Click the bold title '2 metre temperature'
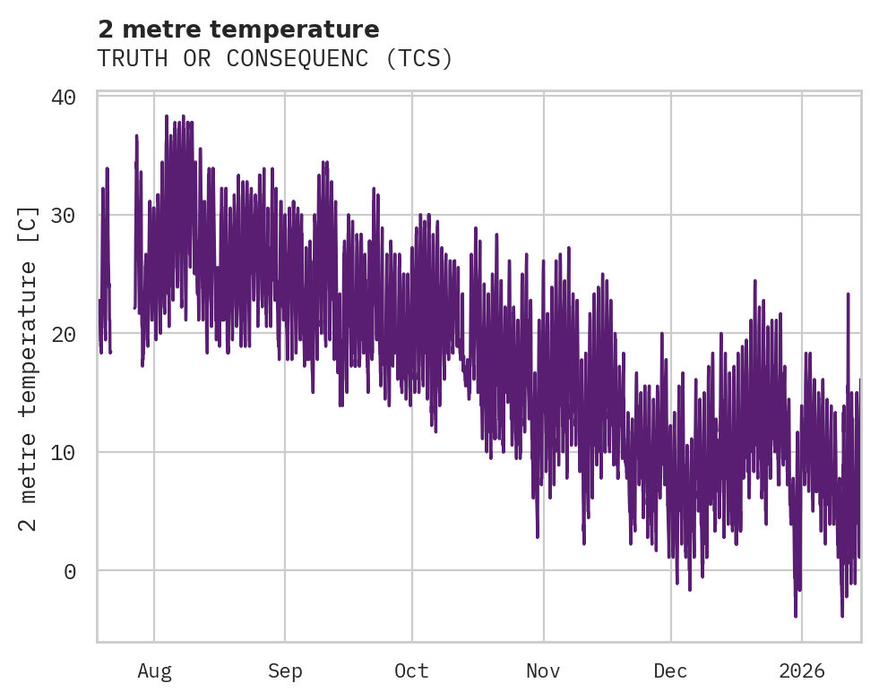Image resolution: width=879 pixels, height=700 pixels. pos(238,30)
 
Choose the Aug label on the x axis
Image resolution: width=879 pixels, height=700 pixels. pos(154,671)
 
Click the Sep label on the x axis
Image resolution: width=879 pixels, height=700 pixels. pos(285,671)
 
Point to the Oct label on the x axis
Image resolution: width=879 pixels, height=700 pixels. pos(412,671)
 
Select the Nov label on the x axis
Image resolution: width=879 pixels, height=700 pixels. pos(543,671)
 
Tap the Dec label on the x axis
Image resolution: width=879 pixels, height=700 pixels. pos(671,671)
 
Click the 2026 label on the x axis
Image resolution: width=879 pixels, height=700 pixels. pos(802,671)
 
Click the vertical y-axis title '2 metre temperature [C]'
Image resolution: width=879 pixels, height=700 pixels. pos(29,368)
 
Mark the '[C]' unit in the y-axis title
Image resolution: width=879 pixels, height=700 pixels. pos(29,222)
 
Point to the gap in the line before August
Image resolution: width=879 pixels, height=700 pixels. pos(123,269)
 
